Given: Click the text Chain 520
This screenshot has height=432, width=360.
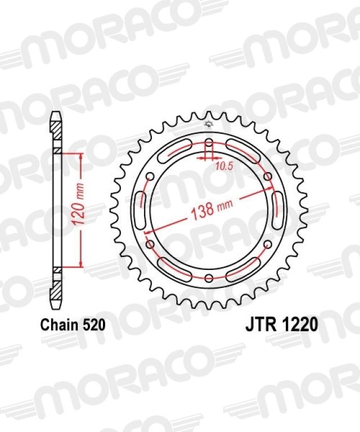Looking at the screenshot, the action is pos(73,325).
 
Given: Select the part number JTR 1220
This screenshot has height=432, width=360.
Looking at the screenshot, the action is pos(281,325).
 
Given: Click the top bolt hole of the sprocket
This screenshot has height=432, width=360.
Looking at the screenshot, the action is pos(209,142).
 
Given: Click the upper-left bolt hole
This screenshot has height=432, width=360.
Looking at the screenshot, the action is pos(150,176).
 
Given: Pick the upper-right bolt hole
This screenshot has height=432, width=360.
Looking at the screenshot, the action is pos(267,176).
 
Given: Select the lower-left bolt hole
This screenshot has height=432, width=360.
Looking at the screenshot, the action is pos(150,244).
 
